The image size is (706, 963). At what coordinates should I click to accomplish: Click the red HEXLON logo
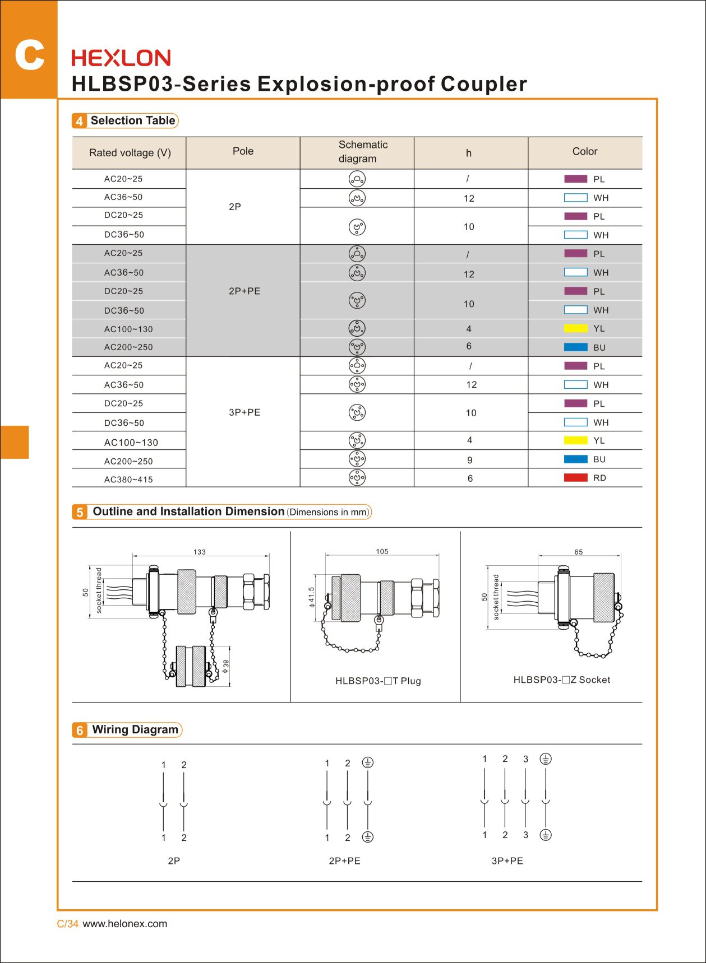click(x=121, y=58)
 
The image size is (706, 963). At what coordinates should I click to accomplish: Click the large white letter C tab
click(x=29, y=55)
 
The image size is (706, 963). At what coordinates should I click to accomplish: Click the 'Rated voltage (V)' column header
click(x=130, y=153)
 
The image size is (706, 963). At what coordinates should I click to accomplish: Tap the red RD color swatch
click(x=575, y=478)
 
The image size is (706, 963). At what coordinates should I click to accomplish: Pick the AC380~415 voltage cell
click(x=128, y=480)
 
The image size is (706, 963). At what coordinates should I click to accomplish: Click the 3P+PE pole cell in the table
click(x=244, y=412)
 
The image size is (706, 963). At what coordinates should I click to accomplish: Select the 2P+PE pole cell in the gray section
click(x=244, y=291)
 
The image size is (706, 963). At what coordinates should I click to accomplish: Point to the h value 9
click(x=470, y=460)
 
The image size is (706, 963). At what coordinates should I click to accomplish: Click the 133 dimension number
click(x=200, y=552)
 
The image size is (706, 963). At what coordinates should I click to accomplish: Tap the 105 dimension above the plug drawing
click(x=382, y=551)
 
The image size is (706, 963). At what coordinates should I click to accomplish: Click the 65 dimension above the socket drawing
click(x=578, y=552)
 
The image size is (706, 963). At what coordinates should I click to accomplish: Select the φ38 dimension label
click(x=226, y=666)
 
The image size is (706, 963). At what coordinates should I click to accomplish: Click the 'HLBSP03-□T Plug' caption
click(x=378, y=681)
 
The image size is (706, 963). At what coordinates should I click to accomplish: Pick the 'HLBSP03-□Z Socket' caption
click(x=561, y=680)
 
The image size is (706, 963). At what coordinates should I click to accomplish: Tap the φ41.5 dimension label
click(x=312, y=597)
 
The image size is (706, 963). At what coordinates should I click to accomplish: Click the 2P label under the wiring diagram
click(x=174, y=860)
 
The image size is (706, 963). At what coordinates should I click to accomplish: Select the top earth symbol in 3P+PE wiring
click(x=546, y=759)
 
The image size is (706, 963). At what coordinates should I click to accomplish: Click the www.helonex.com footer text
click(x=124, y=924)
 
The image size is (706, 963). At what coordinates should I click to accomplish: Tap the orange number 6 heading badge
click(x=80, y=731)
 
